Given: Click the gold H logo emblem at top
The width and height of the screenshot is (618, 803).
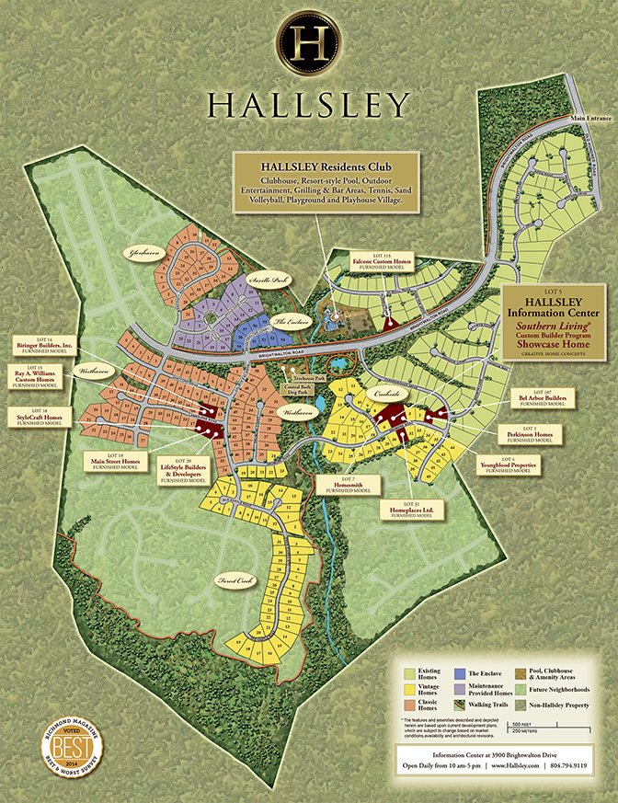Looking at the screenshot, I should click(x=308, y=43).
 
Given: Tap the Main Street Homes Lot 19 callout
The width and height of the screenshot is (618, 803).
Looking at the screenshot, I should click(x=116, y=462).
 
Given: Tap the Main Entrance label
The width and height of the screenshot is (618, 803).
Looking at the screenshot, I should click(x=589, y=118).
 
